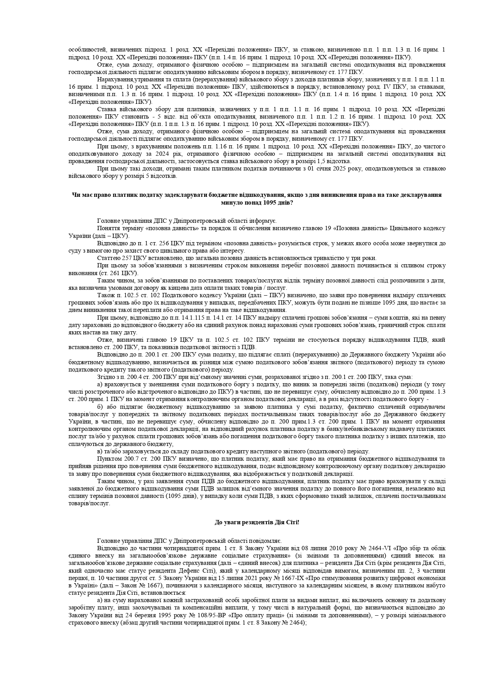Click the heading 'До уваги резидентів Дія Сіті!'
click(x=257, y=522)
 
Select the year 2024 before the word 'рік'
click(x=125, y=154)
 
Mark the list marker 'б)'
click(x=101, y=407)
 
